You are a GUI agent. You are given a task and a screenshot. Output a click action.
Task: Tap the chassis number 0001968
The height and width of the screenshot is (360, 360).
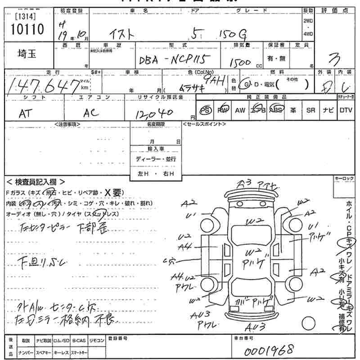click(270, 349)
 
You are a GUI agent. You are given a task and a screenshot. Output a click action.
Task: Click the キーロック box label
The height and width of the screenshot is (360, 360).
click(345, 179)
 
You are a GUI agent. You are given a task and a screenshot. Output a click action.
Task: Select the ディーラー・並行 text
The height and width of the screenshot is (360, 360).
click(156, 159)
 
